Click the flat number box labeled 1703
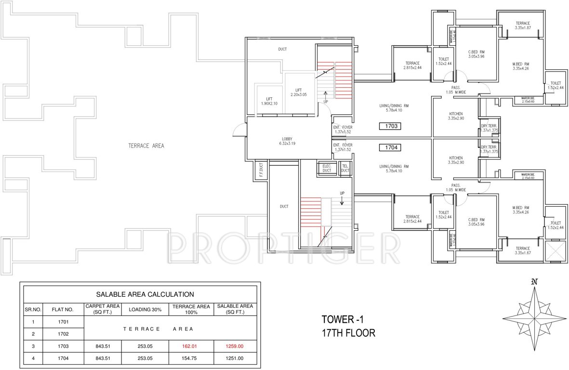pyautogui.click(x=390, y=127)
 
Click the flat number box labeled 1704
pyautogui.click(x=390, y=148)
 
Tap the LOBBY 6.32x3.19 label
pyautogui.click(x=287, y=141)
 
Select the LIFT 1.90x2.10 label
pyautogui.click(x=266, y=101)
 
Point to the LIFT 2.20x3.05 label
pyautogui.click(x=299, y=92)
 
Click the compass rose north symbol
pyautogui.click(x=534, y=282)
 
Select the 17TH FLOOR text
pyautogui.click(x=348, y=332)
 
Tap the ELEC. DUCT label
pyautogui.click(x=326, y=168)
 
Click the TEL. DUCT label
pyautogui.click(x=345, y=168)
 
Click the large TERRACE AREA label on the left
pyautogui.click(x=146, y=145)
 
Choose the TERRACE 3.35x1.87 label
pyautogui.click(x=522, y=26)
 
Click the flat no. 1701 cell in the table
pyautogui.click(x=63, y=321)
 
